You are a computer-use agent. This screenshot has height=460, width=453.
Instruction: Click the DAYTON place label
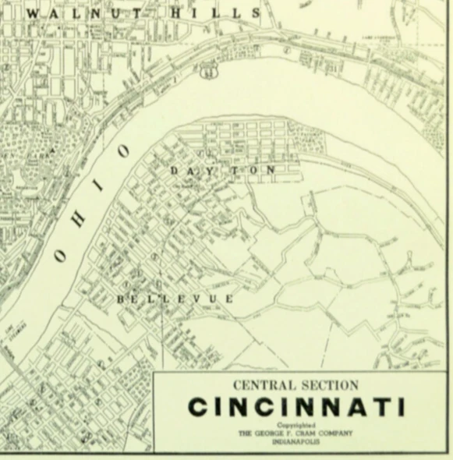coord(222,169)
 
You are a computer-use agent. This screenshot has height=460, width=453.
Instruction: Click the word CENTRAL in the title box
coord(261,385)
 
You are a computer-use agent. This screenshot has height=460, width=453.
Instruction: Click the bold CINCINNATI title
coord(296,407)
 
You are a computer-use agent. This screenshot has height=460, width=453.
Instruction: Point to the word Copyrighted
coord(296,425)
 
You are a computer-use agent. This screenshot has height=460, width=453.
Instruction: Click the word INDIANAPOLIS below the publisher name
coord(296,441)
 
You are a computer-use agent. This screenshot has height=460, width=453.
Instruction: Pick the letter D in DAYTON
coord(173,169)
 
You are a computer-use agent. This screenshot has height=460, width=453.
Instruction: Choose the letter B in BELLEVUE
coord(121,299)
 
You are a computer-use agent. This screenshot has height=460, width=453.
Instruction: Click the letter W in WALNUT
coord(33,13)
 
